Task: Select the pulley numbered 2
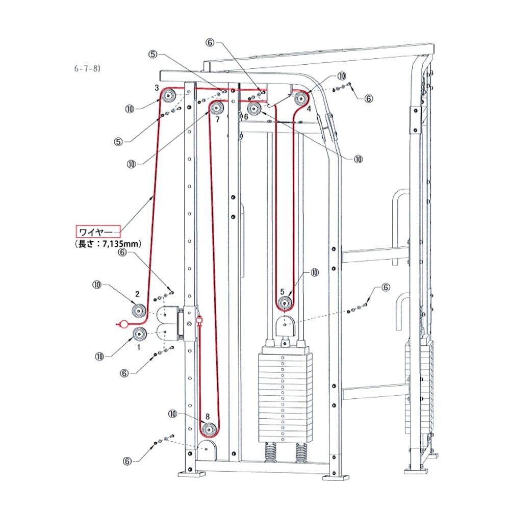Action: tap(138, 310)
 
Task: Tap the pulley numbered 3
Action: tap(168, 95)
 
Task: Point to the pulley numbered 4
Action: tap(301, 98)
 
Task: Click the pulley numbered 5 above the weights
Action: tap(285, 303)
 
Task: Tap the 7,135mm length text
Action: tap(107, 244)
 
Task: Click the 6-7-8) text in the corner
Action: tap(87, 68)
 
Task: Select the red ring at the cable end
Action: tap(123, 323)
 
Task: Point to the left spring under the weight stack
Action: tap(271, 451)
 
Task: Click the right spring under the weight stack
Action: tap(302, 451)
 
